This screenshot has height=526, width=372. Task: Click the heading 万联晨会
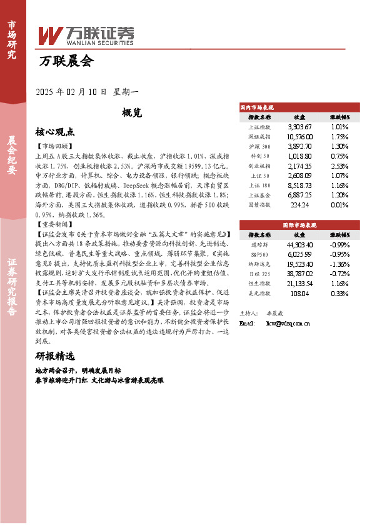66,61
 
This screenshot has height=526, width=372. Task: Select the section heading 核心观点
55,132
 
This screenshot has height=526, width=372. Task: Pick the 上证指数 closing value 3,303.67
299,126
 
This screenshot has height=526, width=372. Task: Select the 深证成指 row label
259,136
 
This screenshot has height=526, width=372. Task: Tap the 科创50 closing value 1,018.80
299,156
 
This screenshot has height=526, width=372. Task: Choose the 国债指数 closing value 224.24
299,204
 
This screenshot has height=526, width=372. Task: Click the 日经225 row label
259,273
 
